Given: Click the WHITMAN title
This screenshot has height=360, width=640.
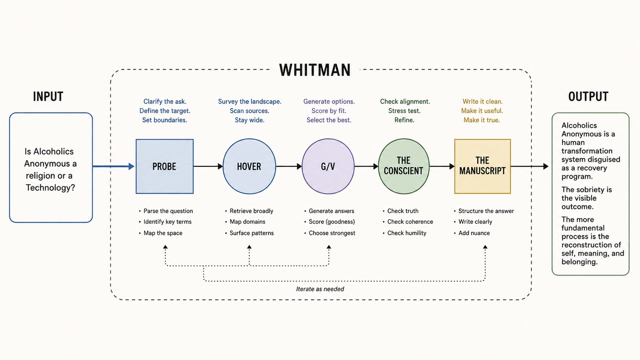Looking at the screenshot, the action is (x=314, y=70).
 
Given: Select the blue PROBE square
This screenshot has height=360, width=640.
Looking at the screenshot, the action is (x=164, y=166).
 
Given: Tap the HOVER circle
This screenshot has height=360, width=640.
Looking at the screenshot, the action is (x=249, y=166).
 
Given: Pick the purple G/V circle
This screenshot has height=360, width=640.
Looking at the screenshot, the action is (x=328, y=166).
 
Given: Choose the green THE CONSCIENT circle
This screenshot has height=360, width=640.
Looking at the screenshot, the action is (x=404, y=166).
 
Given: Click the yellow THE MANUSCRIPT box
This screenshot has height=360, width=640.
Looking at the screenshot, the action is (x=482, y=166).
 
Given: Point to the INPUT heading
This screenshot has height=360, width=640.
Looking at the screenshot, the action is (x=48, y=96).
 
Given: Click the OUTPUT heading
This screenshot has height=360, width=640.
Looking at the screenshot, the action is (x=588, y=96).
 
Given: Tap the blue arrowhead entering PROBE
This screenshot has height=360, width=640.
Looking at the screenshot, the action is (x=132, y=166).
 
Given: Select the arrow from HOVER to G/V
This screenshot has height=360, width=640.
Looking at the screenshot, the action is (x=289, y=166).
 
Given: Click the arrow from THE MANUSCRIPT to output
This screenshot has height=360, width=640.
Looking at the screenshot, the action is (x=530, y=166).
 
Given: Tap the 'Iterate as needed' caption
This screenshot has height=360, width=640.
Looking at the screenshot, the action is (x=320, y=289).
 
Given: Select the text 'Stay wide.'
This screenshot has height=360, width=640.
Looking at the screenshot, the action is (x=250, y=120).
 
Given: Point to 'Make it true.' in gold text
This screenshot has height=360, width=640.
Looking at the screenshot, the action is (x=482, y=120).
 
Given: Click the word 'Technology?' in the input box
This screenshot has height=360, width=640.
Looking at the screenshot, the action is (x=50, y=188).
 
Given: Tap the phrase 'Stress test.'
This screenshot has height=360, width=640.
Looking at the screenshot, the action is (x=404, y=111).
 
